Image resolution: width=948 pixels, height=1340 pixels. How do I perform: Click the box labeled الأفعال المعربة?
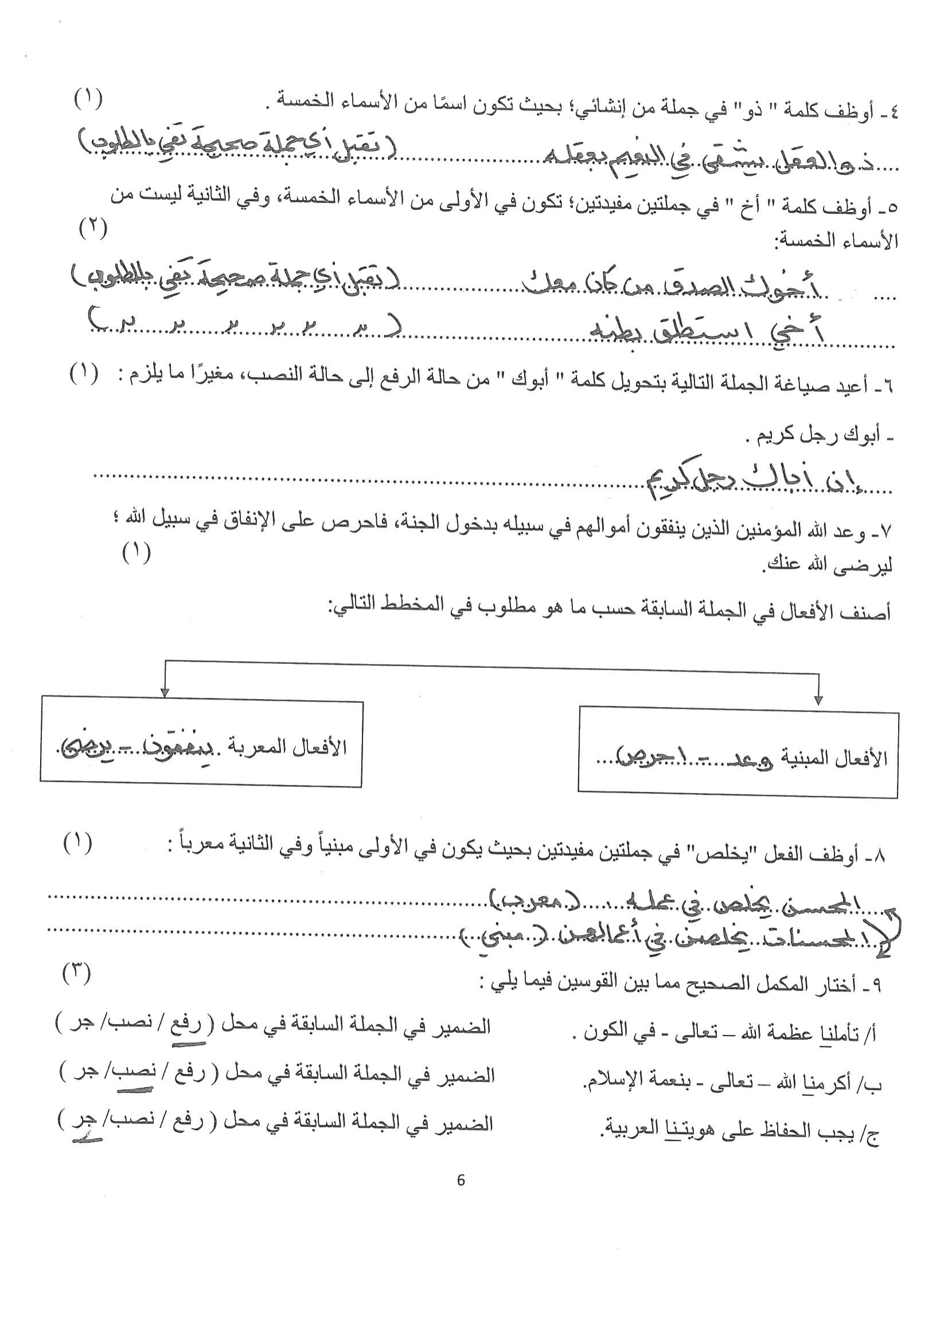click(x=202, y=744)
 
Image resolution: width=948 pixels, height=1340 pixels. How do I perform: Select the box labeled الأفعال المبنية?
click(x=738, y=752)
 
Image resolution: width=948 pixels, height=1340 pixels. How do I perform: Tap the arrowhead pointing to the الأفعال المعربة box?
click(x=165, y=692)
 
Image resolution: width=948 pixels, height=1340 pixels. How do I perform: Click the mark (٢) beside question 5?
click(x=93, y=229)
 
